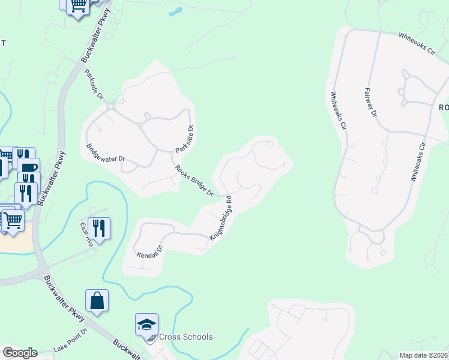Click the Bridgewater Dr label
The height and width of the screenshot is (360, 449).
[105, 154]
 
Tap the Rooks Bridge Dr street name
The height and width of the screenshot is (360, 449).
[194, 181]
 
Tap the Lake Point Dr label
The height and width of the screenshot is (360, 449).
[70, 340]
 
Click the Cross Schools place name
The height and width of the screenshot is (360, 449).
[185, 337]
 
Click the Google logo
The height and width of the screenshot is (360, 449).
[20, 353]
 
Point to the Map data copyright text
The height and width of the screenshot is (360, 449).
[424, 355]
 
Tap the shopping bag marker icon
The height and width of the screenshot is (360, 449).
[97, 301]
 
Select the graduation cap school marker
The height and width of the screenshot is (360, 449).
[146, 324]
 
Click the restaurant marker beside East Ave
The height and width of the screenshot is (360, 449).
[99, 228]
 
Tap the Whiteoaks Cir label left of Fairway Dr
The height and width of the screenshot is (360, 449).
[337, 110]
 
